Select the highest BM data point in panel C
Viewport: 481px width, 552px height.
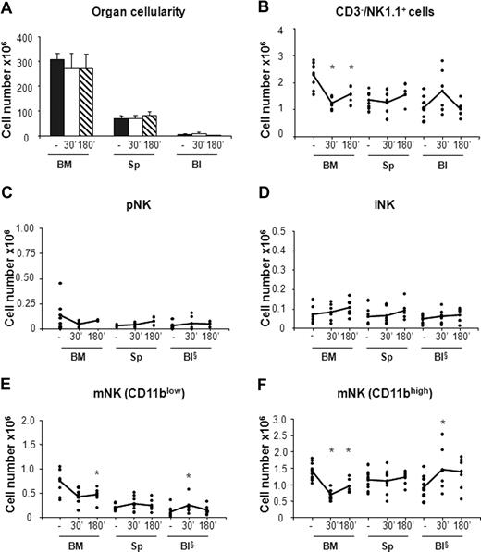coord(58,283)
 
